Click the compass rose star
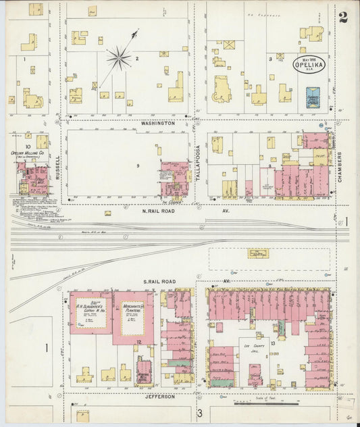(119, 58)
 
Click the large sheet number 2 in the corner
(343, 17)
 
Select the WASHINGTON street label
(158, 124)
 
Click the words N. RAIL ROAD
(159, 211)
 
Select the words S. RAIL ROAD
(159, 280)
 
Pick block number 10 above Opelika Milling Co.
(28, 146)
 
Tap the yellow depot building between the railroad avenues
(258, 253)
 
